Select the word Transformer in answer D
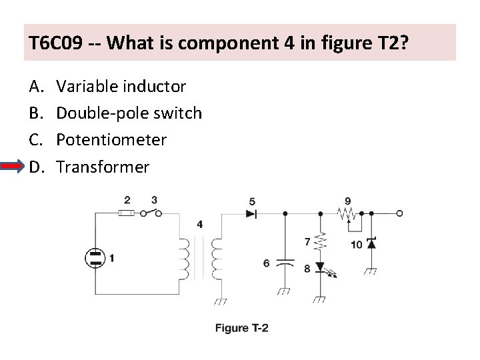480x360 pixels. (103, 167)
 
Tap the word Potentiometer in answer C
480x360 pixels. (111, 140)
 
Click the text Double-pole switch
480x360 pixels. (129, 113)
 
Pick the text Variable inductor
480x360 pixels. (121, 87)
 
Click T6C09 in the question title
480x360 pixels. (56, 44)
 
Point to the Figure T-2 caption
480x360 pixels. (241, 327)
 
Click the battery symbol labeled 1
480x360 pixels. (95, 258)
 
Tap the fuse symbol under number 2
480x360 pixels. (127, 214)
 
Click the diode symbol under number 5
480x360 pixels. (251, 214)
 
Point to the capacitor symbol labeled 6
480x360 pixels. (285, 262)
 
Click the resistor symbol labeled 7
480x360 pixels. (321, 241)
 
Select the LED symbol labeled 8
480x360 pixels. (322, 268)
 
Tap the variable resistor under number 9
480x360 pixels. (347, 214)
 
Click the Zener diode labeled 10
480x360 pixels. (371, 244)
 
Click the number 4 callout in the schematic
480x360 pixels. (200, 224)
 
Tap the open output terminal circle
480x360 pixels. (399, 214)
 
